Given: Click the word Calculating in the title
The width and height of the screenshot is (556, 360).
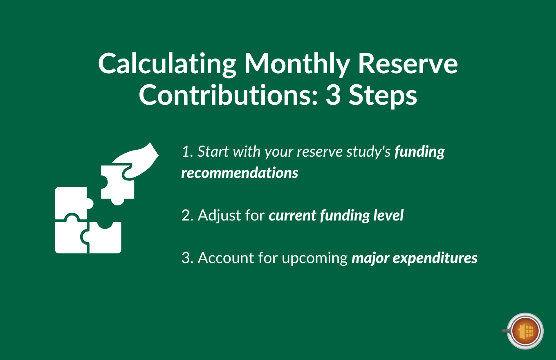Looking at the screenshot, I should tap(167, 64).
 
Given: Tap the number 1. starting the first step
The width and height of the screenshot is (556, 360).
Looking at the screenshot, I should tap(187, 152).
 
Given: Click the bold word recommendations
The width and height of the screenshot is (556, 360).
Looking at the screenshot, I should tap(240, 173).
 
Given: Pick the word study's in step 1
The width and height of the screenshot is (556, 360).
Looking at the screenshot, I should tap(370, 152).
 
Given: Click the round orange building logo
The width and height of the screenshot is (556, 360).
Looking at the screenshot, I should tap(525, 331).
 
